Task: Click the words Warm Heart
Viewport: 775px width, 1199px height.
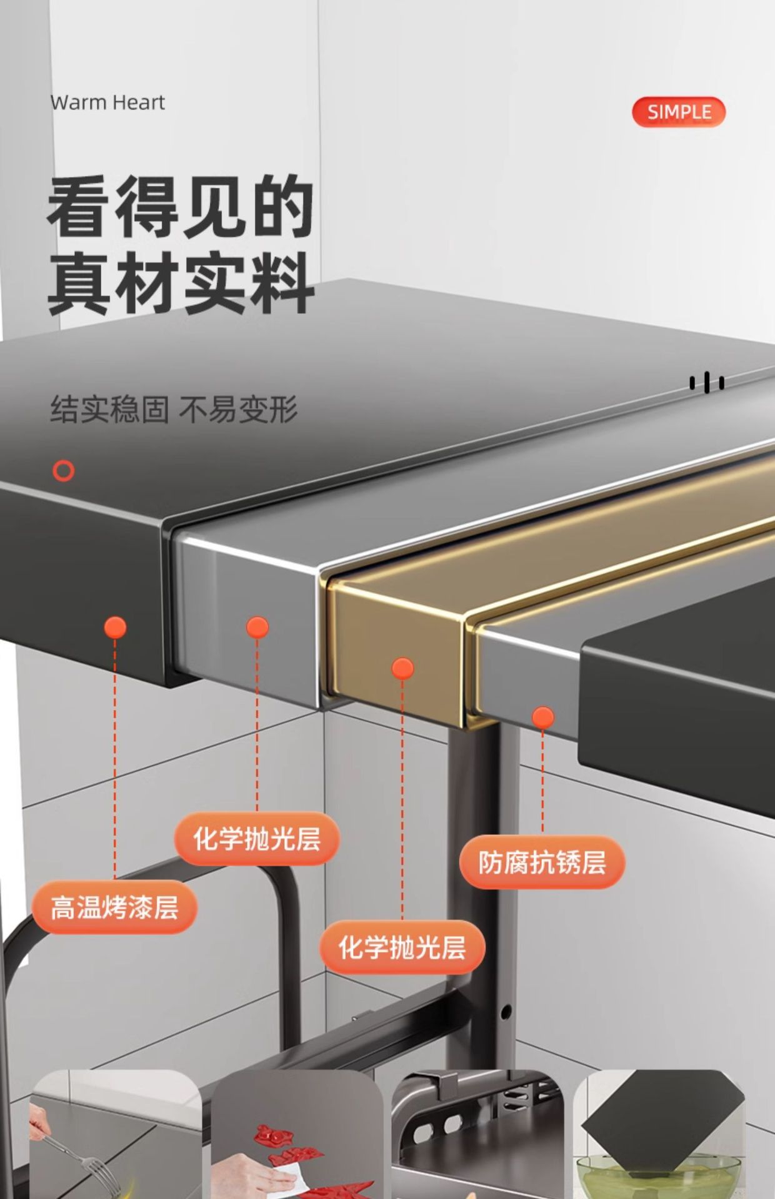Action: point(107,102)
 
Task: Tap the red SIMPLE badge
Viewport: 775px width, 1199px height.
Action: point(679,112)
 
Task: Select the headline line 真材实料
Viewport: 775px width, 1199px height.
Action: point(181,283)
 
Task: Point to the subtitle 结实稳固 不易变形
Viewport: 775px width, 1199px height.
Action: point(174,410)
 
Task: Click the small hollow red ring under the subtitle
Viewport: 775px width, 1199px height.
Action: point(63,470)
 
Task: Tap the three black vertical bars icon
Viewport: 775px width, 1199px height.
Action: point(707,382)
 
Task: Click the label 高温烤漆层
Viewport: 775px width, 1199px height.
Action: point(114,907)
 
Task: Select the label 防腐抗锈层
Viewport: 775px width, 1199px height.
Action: point(542,862)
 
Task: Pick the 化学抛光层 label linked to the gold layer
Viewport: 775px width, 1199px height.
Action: point(402,947)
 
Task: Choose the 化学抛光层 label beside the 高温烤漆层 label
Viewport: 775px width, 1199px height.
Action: point(257,839)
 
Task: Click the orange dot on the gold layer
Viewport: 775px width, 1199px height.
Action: point(402,669)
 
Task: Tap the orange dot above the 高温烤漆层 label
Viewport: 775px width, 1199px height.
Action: point(115,627)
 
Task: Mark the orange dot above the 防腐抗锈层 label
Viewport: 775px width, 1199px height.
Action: point(543,718)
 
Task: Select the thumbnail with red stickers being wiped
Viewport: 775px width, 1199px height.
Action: point(296,1137)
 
